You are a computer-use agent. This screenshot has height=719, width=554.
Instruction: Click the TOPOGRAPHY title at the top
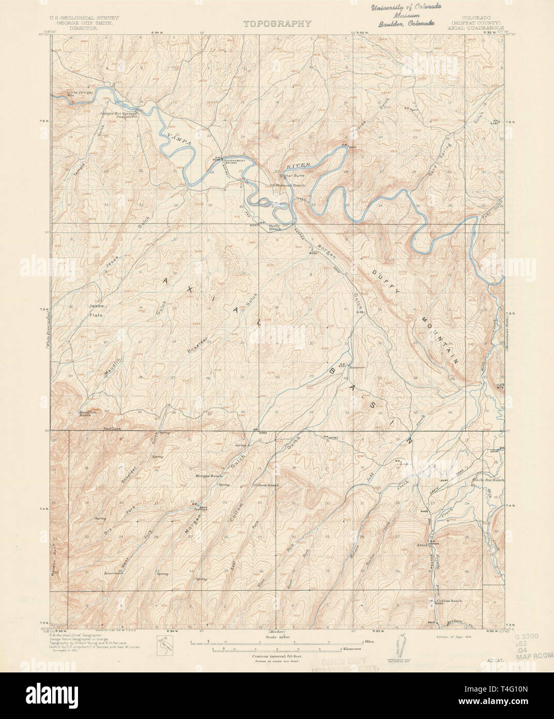277,23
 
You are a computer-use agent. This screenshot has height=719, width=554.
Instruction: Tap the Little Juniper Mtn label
78,95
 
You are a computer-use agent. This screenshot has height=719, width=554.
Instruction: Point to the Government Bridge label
231,161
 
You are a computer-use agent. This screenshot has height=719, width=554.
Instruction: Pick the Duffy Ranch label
274,228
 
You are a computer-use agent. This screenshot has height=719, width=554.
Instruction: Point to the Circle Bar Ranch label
487,481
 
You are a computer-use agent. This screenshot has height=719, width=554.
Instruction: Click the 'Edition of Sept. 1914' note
454,638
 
